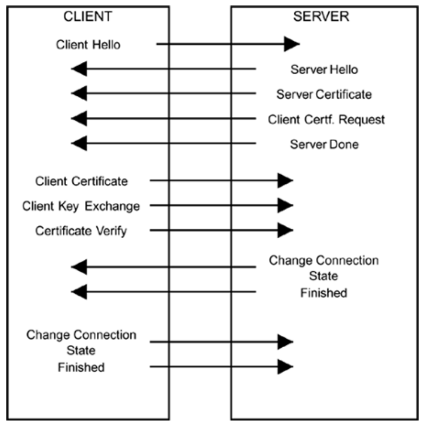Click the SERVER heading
321,17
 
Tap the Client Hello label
88,44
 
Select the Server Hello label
324,69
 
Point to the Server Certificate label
324,95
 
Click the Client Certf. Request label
326,120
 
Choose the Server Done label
324,145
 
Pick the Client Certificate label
81,181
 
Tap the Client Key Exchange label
81,206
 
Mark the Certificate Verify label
81,230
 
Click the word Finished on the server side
324,293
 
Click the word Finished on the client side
81,367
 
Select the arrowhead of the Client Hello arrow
291,44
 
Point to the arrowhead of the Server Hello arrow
79,69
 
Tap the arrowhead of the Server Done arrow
79,144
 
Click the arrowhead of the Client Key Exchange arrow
285,205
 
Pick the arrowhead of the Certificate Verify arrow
285,230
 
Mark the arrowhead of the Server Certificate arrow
79,94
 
